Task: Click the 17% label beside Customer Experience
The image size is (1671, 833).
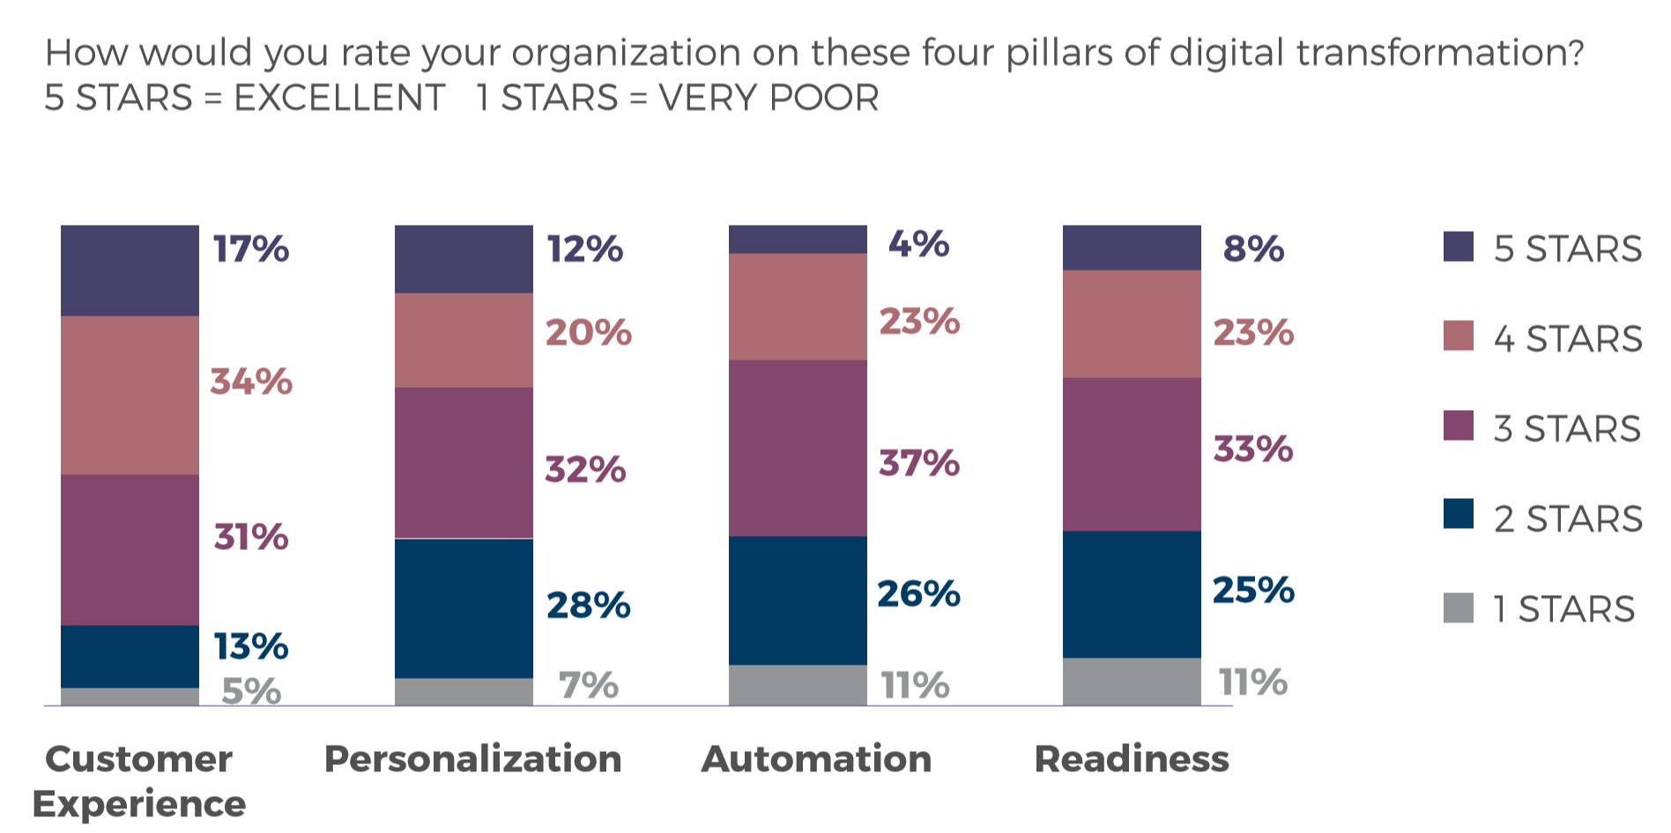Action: (x=250, y=249)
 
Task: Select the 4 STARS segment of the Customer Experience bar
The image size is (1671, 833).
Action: (x=130, y=395)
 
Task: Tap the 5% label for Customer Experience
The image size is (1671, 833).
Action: (x=251, y=692)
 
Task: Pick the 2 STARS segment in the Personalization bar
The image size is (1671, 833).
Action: (x=464, y=608)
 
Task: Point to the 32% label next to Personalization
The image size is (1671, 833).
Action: (x=585, y=470)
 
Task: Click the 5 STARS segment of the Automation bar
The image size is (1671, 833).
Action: (x=798, y=240)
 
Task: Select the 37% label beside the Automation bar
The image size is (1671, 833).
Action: (x=919, y=464)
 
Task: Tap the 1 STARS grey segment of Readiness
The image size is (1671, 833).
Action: (x=1132, y=681)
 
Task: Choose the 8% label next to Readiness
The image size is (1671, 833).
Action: (x=1253, y=249)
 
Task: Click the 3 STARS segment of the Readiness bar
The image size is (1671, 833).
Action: (x=1132, y=454)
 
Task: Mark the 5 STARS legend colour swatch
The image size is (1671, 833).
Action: (x=1459, y=247)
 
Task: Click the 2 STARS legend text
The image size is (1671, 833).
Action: (x=1568, y=519)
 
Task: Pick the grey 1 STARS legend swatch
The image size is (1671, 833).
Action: (x=1459, y=608)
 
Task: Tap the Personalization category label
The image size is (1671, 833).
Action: (x=473, y=759)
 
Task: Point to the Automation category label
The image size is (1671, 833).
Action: (x=816, y=759)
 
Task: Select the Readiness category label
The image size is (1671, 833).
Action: (x=1132, y=759)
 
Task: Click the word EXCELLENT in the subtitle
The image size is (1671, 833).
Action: (x=339, y=98)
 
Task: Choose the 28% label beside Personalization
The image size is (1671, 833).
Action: (x=588, y=606)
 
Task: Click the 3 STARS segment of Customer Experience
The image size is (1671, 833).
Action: (x=130, y=550)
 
